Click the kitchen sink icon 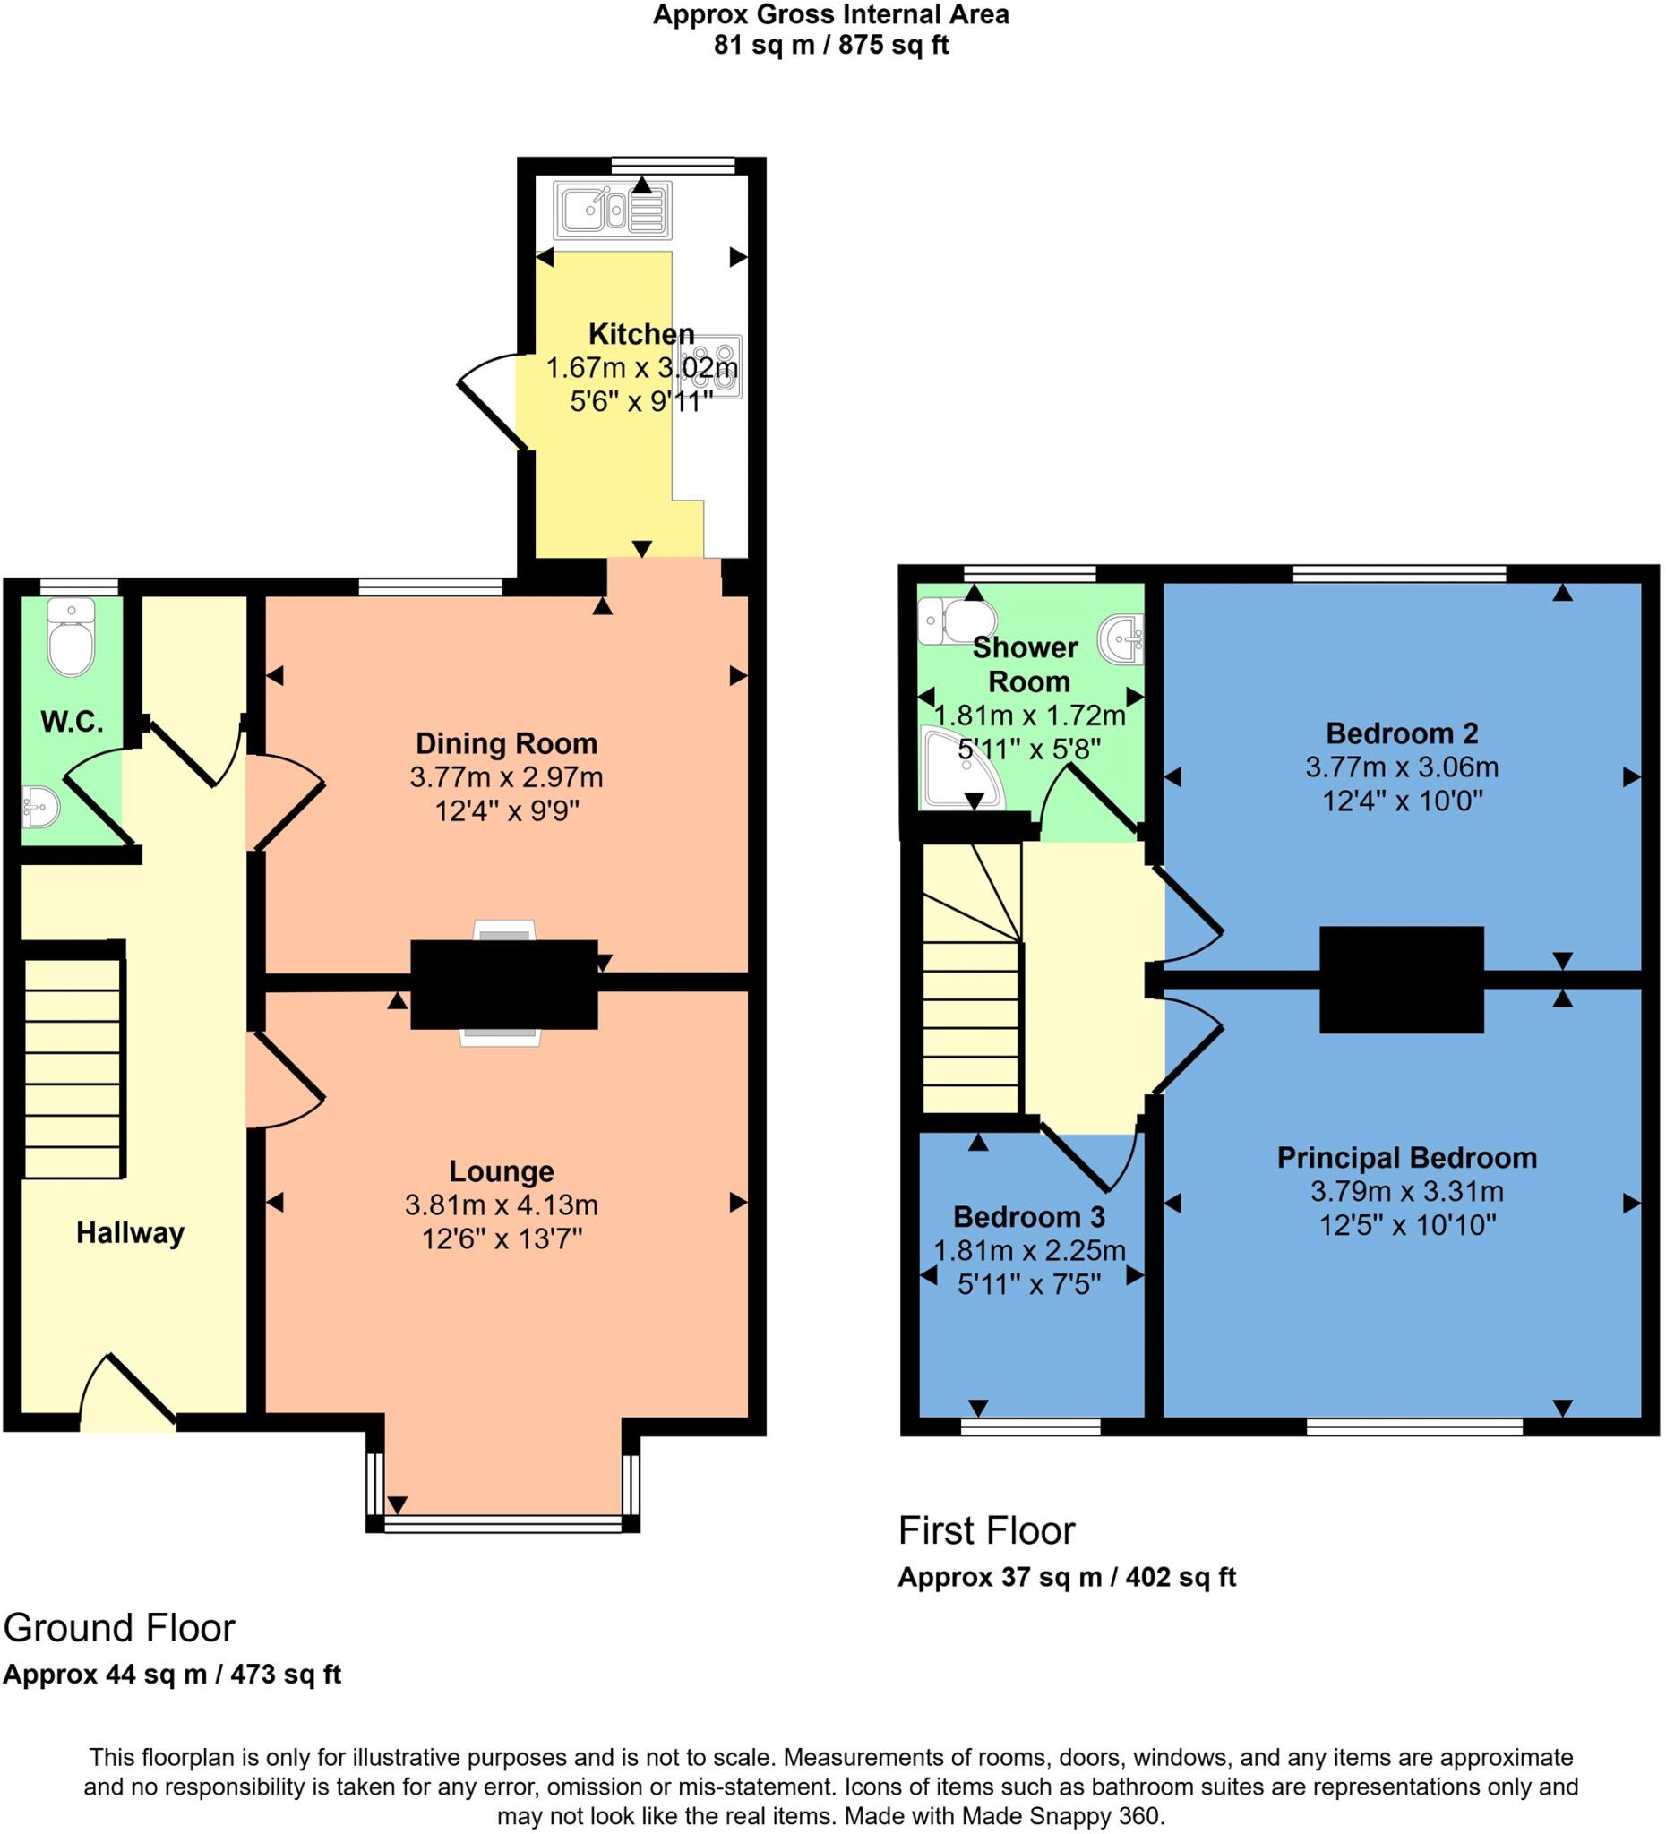614,210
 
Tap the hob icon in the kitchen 717,366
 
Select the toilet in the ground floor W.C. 71,638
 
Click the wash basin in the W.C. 39,806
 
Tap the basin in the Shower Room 1123,638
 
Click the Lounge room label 502,1170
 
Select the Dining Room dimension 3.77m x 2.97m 506,777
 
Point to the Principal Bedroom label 1406,1157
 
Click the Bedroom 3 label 1029,1216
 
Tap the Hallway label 130,1233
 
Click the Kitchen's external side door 492,400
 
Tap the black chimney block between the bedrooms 1401,980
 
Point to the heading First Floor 986,1531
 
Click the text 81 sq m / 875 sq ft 830,45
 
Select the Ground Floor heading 119,1628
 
